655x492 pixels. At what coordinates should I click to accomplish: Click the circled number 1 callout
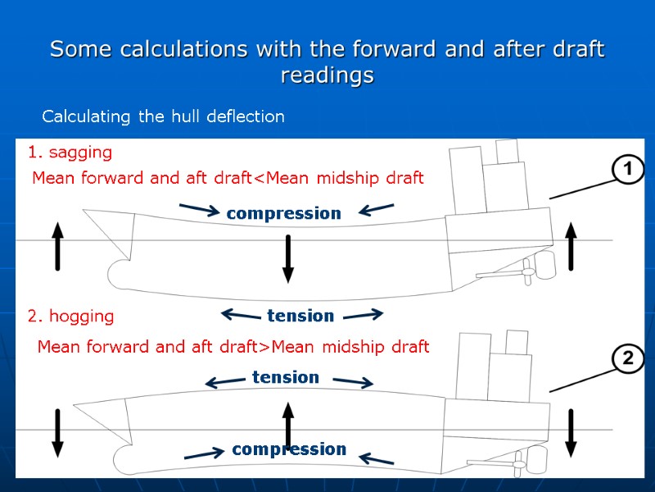[628, 171]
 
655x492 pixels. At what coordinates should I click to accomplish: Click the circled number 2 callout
[628, 358]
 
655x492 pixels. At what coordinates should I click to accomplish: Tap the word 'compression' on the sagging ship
[283, 213]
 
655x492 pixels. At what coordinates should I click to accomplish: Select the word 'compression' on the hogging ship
[289, 449]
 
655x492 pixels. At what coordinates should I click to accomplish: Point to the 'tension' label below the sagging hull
[300, 316]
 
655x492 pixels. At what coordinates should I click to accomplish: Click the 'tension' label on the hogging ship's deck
[285, 377]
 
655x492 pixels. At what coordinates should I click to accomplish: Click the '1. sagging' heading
[70, 153]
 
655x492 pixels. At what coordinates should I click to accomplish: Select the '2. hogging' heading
[70, 316]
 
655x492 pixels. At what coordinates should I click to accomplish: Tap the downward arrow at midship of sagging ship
[287, 257]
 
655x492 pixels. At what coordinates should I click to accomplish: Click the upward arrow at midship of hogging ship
[287, 424]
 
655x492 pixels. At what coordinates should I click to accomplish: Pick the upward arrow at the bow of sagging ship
[57, 245]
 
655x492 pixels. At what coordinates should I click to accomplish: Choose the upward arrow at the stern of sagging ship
[571, 245]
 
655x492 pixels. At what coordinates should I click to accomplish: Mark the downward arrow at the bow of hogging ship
[57, 432]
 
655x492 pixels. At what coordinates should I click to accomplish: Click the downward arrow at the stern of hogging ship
[571, 432]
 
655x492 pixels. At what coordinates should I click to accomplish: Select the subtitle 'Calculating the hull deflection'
[163, 116]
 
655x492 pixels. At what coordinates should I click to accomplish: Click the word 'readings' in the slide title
[327, 75]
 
